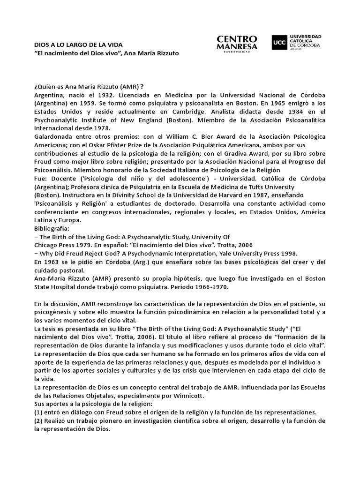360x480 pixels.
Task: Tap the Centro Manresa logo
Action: tap(237, 43)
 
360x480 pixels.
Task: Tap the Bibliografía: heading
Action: tap(52, 228)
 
